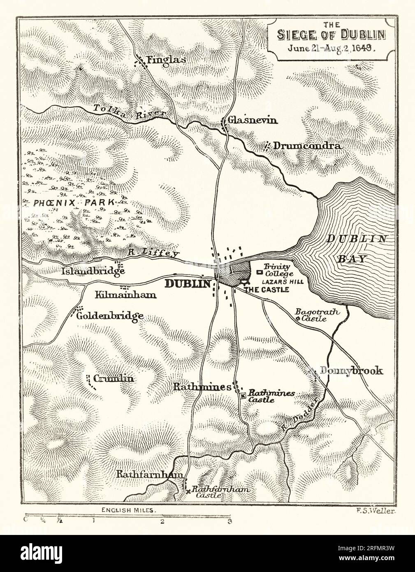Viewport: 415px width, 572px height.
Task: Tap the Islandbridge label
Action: (93, 272)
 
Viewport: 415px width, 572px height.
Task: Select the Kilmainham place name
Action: (120, 295)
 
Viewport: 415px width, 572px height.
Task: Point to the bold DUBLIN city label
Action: (188, 284)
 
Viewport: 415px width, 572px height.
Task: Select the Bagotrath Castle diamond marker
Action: (298, 317)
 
